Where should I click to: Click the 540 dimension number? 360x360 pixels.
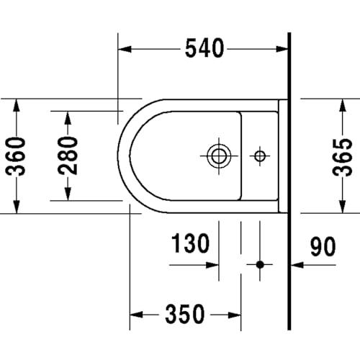pos(204,48)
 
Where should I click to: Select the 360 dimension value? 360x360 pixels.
pos(16,156)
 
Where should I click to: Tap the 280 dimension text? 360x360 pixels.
pos(68,156)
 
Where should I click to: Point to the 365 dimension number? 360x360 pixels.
pos(343,157)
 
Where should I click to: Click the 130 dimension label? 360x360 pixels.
pos(191,243)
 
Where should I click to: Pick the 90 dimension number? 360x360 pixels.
pos(323,246)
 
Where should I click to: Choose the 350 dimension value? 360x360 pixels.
pos(185,314)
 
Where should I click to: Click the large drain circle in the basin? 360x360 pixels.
pos(219,156)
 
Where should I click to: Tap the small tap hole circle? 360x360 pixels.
pos(260,156)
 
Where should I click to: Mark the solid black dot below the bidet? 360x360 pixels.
pos(260,265)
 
